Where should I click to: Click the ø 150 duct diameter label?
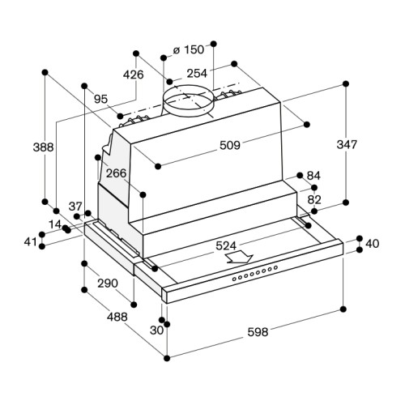point(189,49)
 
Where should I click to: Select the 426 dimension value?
point(133,75)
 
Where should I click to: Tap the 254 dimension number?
point(197,73)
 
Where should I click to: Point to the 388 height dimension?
point(43,147)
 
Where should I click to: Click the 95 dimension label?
point(101,100)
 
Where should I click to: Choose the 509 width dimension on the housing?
point(230,145)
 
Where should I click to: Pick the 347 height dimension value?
point(347,144)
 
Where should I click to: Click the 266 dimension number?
point(116,173)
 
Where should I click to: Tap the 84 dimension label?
point(313,176)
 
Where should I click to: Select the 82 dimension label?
point(314,200)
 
